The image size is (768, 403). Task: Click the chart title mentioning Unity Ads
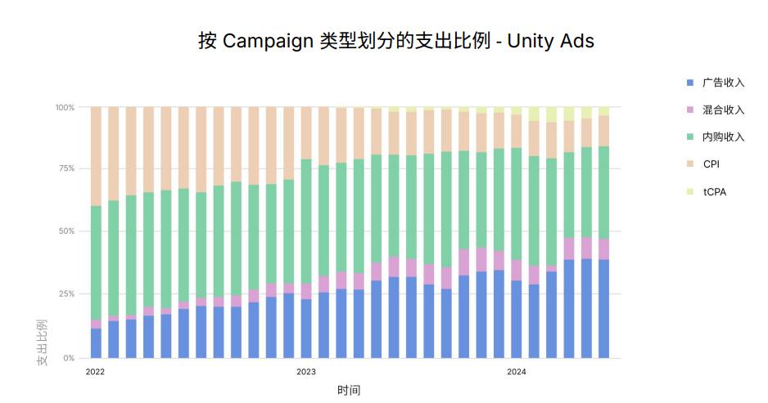coord(395,41)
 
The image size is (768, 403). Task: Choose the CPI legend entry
coord(711,164)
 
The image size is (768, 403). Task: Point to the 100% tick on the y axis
coord(65,107)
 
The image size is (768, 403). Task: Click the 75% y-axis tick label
coord(66,168)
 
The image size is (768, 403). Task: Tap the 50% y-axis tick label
coord(66,231)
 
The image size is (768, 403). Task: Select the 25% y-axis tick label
coord(66,293)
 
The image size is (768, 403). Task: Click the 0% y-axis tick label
coord(69,358)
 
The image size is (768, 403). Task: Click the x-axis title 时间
coord(349,390)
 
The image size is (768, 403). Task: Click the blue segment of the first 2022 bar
coord(96,343)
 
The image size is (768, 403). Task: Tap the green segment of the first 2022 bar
coord(96,262)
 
